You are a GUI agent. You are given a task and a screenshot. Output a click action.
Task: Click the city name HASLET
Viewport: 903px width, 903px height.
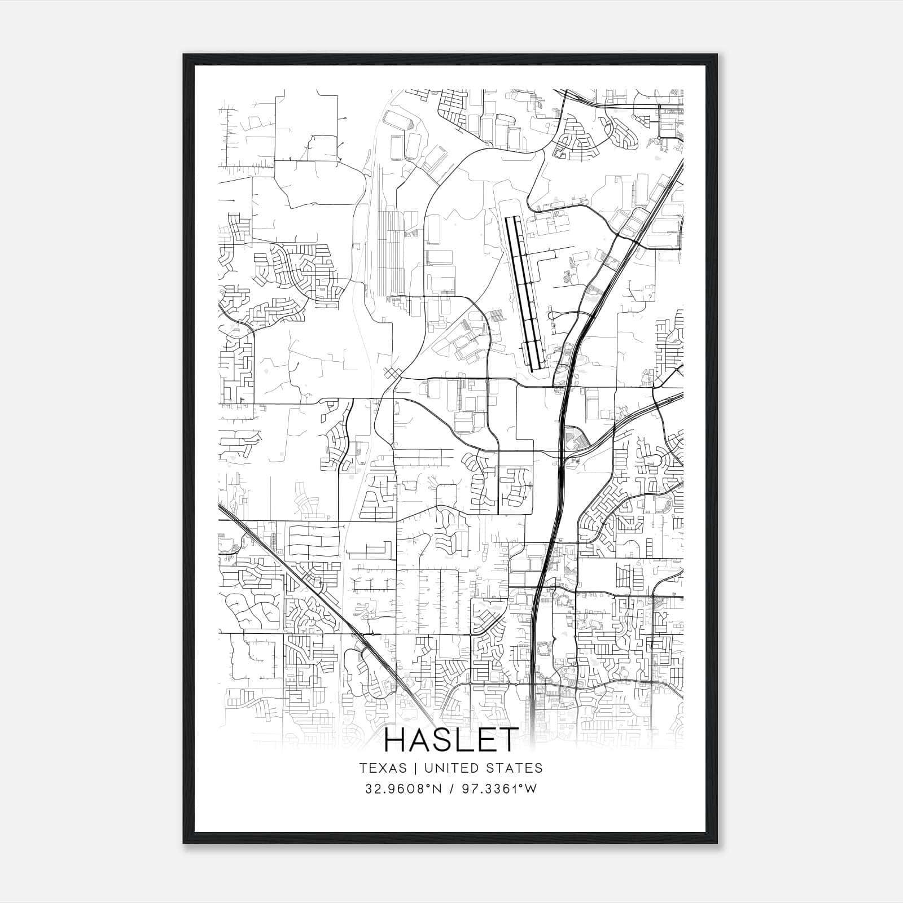point(451,740)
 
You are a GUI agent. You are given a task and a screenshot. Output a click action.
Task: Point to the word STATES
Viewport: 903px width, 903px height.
point(516,768)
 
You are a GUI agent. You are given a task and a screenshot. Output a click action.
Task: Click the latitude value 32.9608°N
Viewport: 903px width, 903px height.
point(401,789)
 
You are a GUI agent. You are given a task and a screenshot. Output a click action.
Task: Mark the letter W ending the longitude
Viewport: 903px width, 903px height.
point(531,789)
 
